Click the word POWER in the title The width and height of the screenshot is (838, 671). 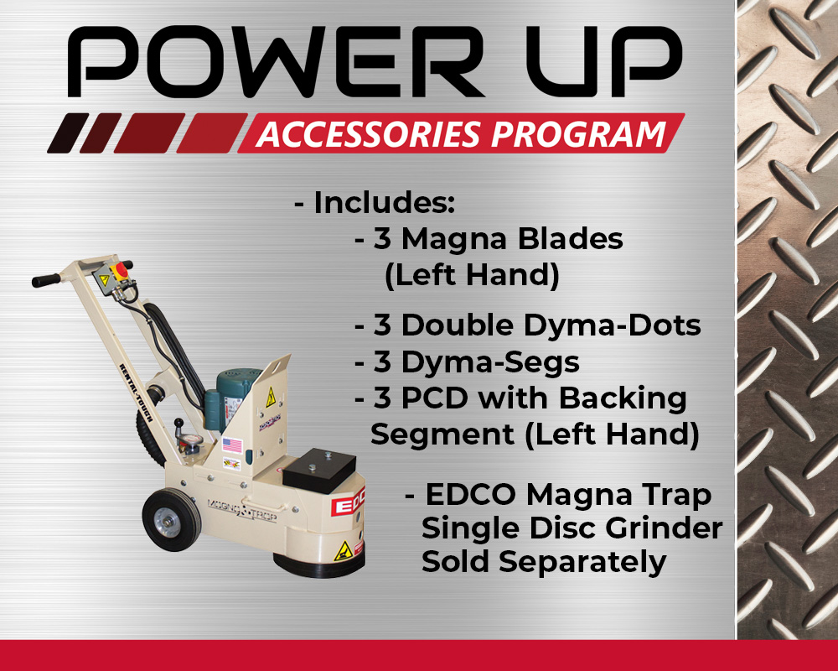pyautogui.click(x=275, y=62)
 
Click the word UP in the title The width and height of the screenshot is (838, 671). pyautogui.click(x=604, y=62)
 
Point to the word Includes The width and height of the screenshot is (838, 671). pyautogui.click(x=385, y=203)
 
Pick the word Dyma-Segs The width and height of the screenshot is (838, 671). pyautogui.click(x=490, y=362)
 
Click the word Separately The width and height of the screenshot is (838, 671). pyautogui.click(x=582, y=563)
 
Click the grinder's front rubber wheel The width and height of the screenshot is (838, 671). pyautogui.click(x=172, y=519)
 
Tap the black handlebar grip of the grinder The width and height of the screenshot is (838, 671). pyautogui.click(x=46, y=280)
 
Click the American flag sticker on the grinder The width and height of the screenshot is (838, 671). pyautogui.click(x=232, y=445)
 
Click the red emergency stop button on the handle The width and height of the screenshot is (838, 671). pyautogui.click(x=122, y=269)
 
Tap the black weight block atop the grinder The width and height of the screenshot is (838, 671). pyautogui.click(x=319, y=470)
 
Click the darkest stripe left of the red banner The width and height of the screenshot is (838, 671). pyautogui.click(x=69, y=133)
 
